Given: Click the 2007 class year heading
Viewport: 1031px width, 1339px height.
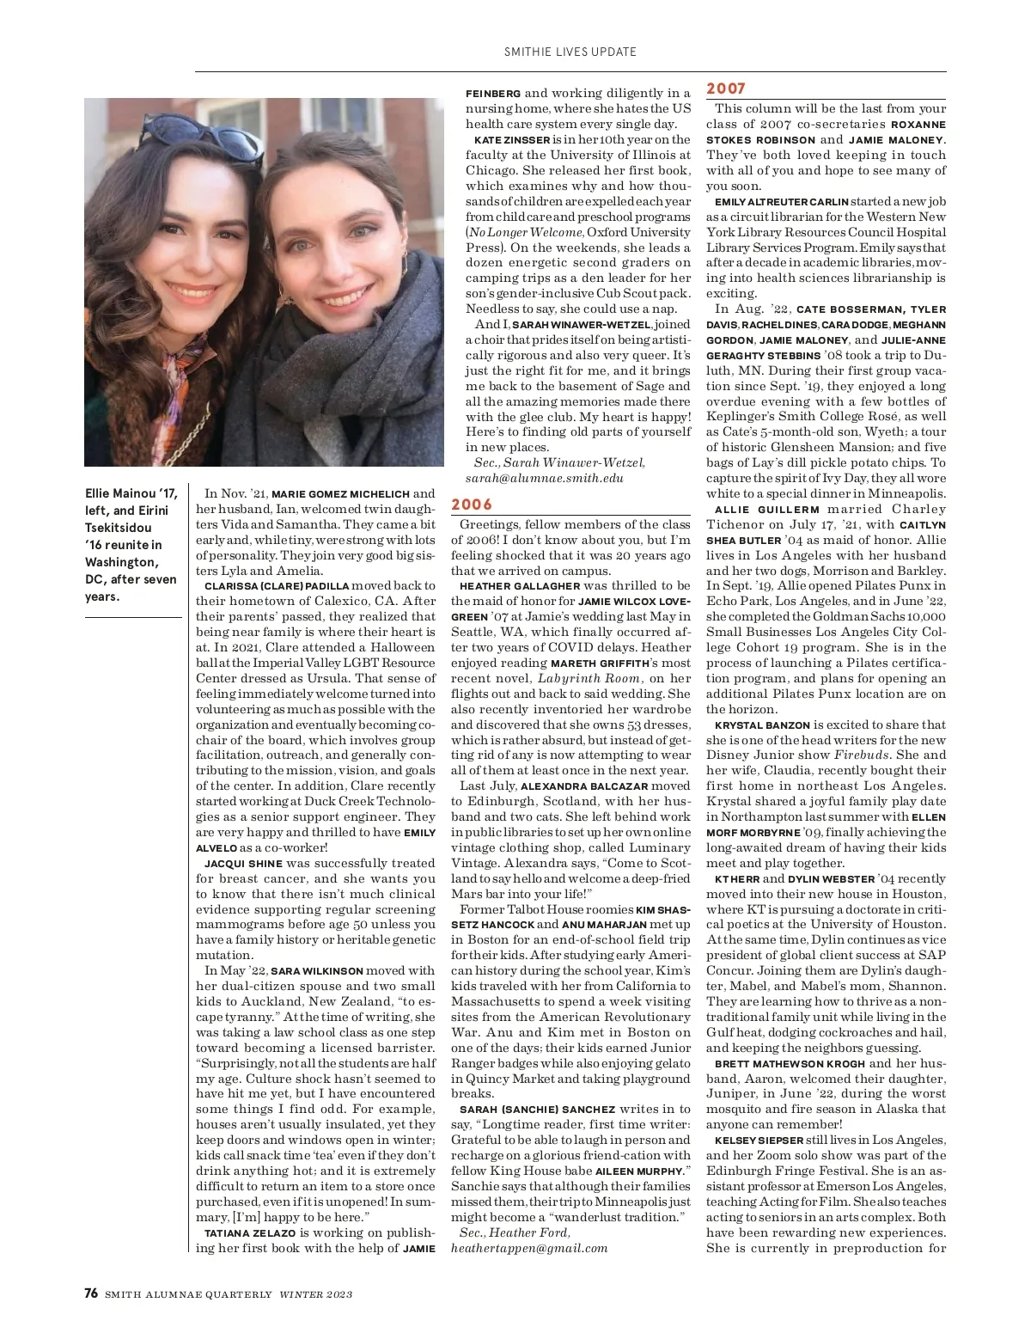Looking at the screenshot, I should tap(726, 89).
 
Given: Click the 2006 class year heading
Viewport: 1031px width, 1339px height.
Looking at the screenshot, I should tap(472, 504).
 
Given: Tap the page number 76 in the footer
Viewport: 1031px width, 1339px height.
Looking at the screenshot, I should tap(91, 1293).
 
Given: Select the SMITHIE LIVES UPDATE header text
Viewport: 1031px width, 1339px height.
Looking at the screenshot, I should tap(570, 52).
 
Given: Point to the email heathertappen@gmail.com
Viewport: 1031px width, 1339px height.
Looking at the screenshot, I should tap(529, 1248).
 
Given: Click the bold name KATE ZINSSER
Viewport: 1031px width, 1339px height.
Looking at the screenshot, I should tap(512, 140).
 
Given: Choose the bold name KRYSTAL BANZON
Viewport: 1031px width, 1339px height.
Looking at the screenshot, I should tap(762, 725).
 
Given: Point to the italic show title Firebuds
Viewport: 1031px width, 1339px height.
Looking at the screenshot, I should tap(863, 755).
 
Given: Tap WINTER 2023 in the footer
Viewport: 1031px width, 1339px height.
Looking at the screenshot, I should tap(315, 1294).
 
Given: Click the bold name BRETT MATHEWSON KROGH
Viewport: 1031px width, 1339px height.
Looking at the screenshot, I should tap(790, 1064).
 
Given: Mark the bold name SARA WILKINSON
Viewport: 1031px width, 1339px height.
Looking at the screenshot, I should tap(317, 971).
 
